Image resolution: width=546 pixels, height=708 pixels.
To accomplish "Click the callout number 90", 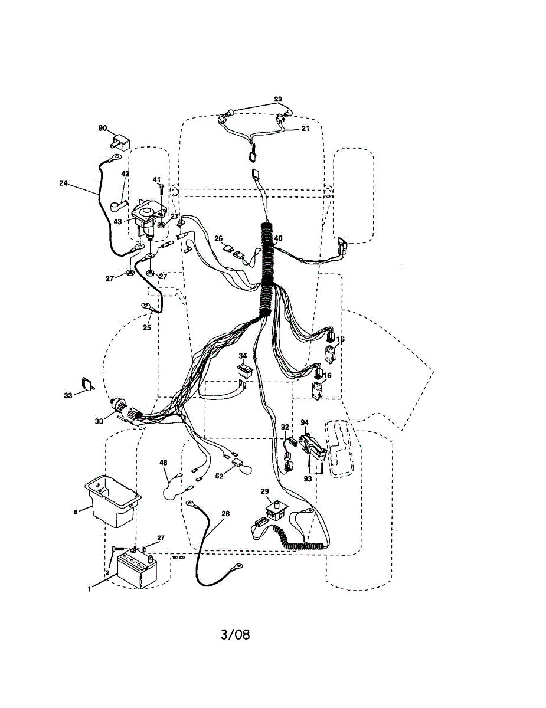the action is pyautogui.click(x=102, y=128).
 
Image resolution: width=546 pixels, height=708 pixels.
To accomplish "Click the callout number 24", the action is pyautogui.click(x=63, y=183).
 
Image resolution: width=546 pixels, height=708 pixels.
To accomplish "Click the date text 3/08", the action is pyautogui.click(x=235, y=635).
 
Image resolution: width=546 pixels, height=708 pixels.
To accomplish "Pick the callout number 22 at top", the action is pyautogui.click(x=279, y=99).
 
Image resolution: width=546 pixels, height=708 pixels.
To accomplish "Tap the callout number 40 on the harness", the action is pyautogui.click(x=278, y=238).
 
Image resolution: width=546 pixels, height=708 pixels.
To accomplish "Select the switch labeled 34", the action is pyautogui.click(x=243, y=369).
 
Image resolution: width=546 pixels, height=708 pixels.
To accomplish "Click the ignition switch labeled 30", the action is pyautogui.click(x=121, y=407).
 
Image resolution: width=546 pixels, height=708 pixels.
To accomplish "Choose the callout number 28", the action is pyautogui.click(x=225, y=514).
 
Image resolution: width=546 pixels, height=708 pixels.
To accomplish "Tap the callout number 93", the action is pyautogui.click(x=308, y=478).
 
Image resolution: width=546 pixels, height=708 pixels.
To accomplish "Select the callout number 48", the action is pyautogui.click(x=164, y=463).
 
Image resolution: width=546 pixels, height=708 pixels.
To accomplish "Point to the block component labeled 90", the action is pyautogui.click(x=120, y=142).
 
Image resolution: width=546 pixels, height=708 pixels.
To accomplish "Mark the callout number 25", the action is pyautogui.click(x=147, y=328).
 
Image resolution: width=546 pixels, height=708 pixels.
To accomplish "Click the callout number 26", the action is pyautogui.click(x=218, y=239).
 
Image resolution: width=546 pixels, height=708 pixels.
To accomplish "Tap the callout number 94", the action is pyautogui.click(x=305, y=422).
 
